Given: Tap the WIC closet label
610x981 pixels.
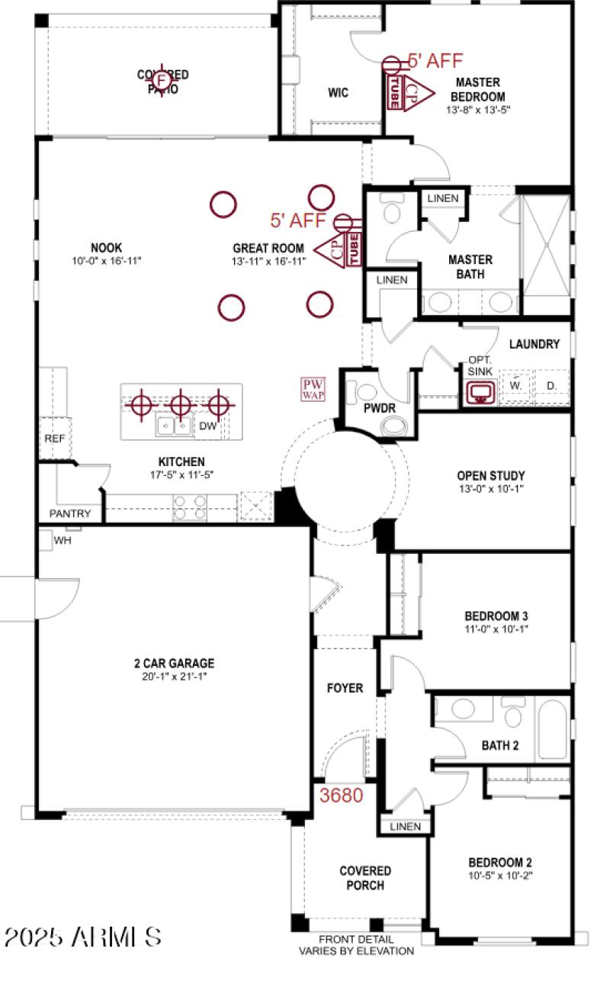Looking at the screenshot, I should point(338,93).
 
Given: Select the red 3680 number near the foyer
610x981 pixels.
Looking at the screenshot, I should point(341,795).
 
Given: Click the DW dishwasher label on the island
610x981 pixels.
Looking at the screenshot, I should point(208,426).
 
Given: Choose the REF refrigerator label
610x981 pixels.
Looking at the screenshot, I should point(54,439).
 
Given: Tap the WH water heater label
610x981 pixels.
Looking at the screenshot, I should point(63,541).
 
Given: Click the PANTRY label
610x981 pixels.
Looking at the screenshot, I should point(70,513).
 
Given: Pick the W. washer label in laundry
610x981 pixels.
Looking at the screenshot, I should point(516,386).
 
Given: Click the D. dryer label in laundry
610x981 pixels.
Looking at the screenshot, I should point(551,386).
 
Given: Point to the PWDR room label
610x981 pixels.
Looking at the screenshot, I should point(379,409).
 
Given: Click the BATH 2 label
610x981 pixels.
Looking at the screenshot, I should point(500,745).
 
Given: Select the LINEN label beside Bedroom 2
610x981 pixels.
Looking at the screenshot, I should point(405,827).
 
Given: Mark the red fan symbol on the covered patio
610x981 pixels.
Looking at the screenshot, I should point(161,79).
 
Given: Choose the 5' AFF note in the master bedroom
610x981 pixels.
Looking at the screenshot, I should point(435,61).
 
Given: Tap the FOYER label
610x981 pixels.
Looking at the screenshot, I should point(345,688).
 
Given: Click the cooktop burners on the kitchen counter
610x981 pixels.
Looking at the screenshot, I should point(190,507).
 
